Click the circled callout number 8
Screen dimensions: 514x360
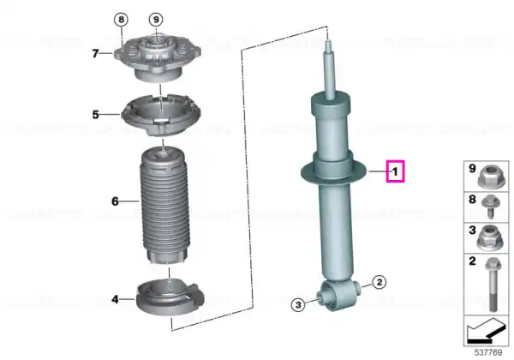[122, 20]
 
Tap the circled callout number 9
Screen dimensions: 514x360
[156, 20]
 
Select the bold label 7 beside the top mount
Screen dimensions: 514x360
[95, 53]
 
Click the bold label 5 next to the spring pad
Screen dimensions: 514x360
[95, 114]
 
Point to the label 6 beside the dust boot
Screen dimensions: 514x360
[115, 201]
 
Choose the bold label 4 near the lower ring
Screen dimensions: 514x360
[115, 299]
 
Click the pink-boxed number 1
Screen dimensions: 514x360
[395, 171]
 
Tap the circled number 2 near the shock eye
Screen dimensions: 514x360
[380, 282]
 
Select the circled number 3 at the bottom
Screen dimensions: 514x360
[298, 305]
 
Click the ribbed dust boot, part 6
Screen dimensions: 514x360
[164, 206]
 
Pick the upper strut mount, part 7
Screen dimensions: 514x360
[158, 60]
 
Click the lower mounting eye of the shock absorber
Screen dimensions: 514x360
[338, 295]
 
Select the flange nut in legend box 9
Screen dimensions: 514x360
[489, 177]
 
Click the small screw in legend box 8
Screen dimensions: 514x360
[490, 207]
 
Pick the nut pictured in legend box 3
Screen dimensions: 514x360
[488, 238]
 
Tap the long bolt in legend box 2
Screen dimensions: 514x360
[493, 285]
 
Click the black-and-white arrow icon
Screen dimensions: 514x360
[486, 331]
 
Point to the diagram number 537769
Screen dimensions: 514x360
[488, 352]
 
